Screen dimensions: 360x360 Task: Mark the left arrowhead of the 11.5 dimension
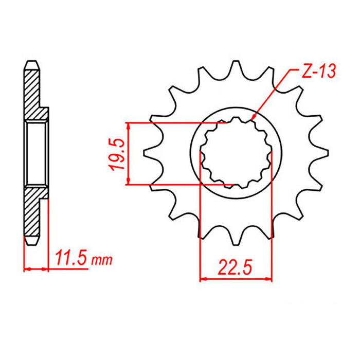pyautogui.click(x=27, y=268)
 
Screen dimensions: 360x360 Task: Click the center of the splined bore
pyautogui.click(x=236, y=153)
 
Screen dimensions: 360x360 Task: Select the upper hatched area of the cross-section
pyautogui.click(x=32, y=93)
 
